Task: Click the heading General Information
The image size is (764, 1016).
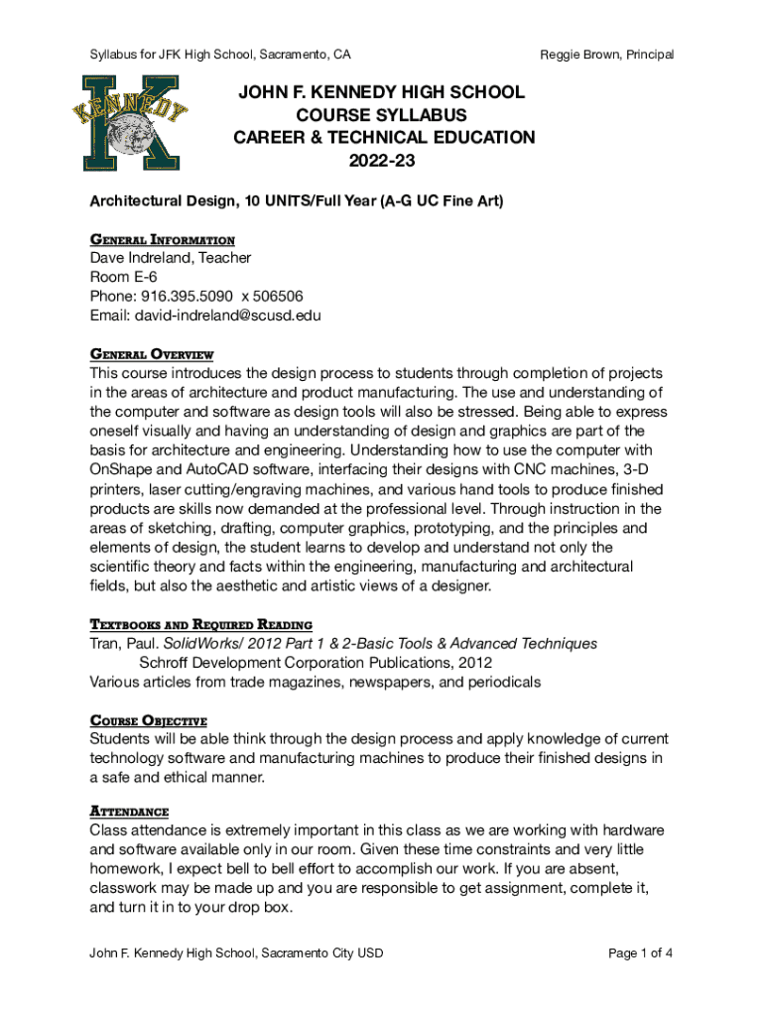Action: tap(163, 240)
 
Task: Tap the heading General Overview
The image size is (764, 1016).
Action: tap(152, 354)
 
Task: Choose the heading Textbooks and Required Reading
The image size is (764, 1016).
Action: tap(201, 624)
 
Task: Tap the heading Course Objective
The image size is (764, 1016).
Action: tap(148, 720)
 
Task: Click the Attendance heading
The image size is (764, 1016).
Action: tap(129, 811)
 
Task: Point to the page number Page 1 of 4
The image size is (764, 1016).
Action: tap(640, 953)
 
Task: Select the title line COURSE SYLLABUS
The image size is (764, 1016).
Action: tap(382, 115)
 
